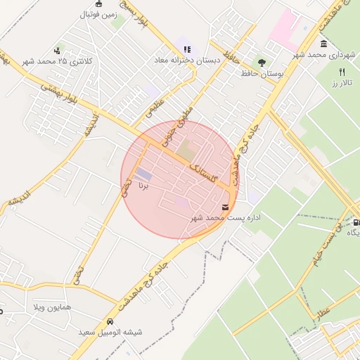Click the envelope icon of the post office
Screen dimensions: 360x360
tap(225, 207)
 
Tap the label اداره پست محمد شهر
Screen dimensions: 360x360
tap(226, 218)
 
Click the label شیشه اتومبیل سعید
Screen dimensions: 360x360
tap(110, 333)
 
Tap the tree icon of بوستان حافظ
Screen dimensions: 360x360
tap(263, 63)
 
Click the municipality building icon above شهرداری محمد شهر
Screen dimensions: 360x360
tap(323, 44)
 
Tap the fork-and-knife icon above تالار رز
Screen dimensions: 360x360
tap(342, 72)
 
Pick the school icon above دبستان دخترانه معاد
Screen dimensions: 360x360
tap(186, 49)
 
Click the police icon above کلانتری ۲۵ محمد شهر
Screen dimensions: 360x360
tap(60, 51)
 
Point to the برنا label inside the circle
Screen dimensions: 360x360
tap(143, 187)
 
